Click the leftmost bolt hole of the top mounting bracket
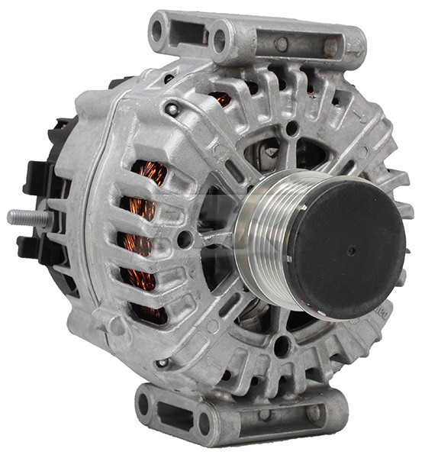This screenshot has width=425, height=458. (x=159, y=33)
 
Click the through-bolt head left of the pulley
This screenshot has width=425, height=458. (x=184, y=239)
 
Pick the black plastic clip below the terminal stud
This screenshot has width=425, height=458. (x=34, y=244)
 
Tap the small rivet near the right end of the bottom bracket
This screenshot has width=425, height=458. (x=313, y=412)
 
